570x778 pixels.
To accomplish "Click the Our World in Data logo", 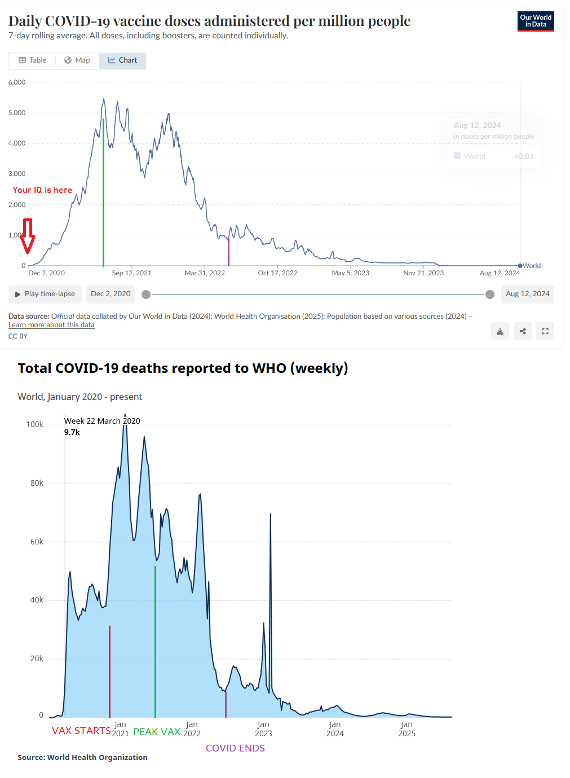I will coord(536,21).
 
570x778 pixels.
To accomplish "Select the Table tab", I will coord(32,60).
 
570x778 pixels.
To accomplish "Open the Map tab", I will coord(77,60).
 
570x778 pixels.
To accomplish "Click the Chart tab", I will coord(123,60).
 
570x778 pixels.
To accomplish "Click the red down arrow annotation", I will coord(28,236).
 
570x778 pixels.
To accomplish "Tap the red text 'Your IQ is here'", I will coord(43,190).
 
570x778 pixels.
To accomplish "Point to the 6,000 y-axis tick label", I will coord(17,82).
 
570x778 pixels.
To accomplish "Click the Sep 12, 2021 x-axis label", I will coord(131,273).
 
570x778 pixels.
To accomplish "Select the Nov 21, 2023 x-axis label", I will coord(423,273).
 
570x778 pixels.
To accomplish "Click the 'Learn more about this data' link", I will coord(51,325).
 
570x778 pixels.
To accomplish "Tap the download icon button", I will coord(500,331).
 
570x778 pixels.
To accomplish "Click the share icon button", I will coord(523,331).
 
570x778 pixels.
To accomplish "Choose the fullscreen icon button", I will coord(545,331).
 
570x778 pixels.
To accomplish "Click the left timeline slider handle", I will coord(146,294).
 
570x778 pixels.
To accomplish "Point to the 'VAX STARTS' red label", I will coord(81,731).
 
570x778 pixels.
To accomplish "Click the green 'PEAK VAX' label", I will coord(157,732).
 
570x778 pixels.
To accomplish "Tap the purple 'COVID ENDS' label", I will coord(235,748).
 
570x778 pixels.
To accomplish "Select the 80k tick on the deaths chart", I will coord(37,483).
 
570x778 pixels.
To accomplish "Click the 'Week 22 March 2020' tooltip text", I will coord(102,421).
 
